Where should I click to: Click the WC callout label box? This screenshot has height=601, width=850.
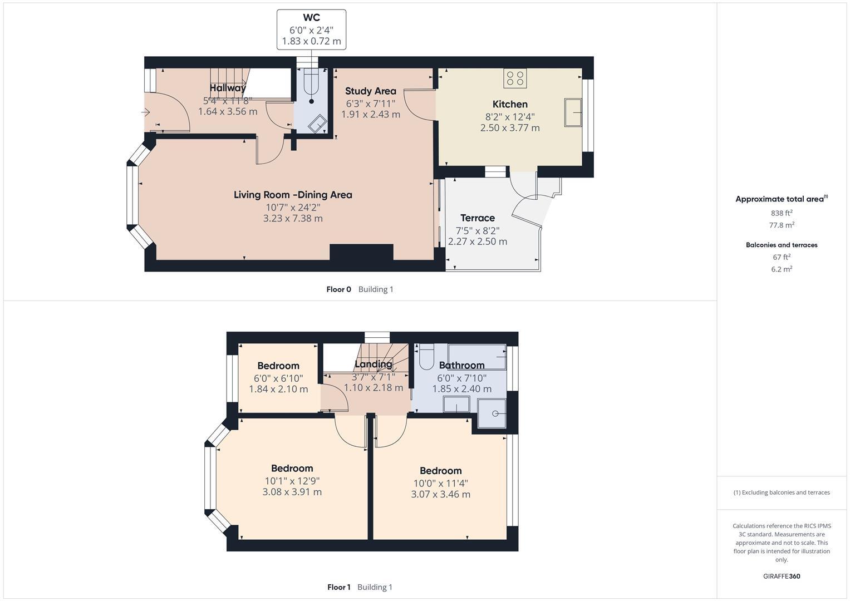click(x=311, y=29)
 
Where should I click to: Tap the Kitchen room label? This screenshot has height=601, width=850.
click(x=510, y=104)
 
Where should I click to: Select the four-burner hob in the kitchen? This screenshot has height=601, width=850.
click(x=515, y=78)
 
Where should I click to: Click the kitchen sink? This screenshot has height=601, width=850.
click(x=573, y=112)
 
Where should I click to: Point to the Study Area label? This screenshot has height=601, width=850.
click(x=370, y=91)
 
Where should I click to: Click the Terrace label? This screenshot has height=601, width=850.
click(x=477, y=218)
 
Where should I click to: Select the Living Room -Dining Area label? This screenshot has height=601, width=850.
click(x=293, y=195)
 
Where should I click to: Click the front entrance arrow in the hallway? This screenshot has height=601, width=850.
click(x=146, y=112)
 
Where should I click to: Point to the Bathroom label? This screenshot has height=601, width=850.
click(x=461, y=366)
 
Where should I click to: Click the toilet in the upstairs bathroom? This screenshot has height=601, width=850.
click(x=426, y=357)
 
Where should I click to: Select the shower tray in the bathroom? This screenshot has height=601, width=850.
click(x=492, y=413)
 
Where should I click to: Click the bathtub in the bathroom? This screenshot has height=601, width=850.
click(x=477, y=357)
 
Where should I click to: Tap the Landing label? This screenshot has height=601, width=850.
click(x=374, y=364)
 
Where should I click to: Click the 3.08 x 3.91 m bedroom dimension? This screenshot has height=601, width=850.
click(x=292, y=492)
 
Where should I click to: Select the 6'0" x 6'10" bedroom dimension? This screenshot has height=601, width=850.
click(x=278, y=378)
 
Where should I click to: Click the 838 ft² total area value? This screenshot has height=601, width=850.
click(x=782, y=213)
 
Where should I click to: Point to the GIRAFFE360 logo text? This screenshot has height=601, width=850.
click(x=781, y=576)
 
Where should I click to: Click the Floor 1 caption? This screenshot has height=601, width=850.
click(x=338, y=587)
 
